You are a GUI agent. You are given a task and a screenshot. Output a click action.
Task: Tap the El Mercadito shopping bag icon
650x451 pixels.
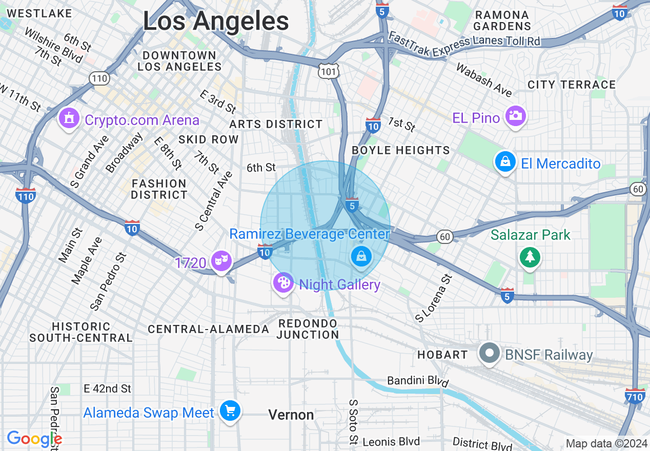point(505,162)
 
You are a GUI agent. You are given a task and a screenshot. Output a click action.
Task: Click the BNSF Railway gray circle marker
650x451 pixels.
point(490,353)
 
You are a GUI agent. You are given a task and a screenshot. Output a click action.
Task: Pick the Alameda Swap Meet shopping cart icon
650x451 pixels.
point(230,411)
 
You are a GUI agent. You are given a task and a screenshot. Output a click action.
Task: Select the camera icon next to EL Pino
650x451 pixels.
point(515,116)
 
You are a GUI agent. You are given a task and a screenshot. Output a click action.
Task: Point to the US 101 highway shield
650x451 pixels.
point(327,71)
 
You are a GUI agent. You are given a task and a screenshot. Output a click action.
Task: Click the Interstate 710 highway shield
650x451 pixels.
point(635,396)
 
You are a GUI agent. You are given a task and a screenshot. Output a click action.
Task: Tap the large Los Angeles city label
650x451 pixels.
point(216,22)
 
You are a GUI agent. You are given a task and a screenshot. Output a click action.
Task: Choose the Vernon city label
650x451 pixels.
point(291,415)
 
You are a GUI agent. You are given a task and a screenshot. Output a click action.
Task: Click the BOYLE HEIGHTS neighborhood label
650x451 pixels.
point(400,150)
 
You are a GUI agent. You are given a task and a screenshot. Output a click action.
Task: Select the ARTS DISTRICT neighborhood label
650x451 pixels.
point(276,124)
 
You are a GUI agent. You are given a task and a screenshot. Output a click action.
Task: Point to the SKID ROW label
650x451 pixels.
point(208,139)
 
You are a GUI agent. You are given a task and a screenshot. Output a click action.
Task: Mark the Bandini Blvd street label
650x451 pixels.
point(418,381)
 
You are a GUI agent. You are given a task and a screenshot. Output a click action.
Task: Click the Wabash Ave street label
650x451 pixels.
point(483,80)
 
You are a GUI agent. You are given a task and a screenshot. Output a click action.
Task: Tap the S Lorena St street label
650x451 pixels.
point(434,298)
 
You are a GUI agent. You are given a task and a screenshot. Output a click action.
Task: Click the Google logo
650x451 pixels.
point(34,439)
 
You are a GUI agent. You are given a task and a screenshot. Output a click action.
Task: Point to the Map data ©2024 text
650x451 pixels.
point(606,443)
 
